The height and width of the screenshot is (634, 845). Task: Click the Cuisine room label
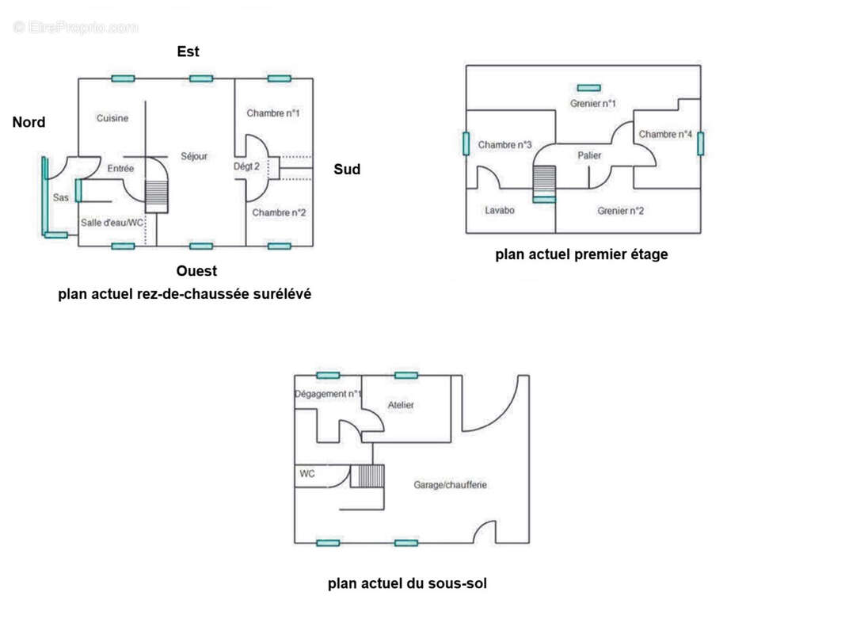(x=112, y=119)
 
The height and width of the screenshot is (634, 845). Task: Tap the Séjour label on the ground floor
(x=194, y=157)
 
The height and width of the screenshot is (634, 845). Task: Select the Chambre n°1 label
(x=273, y=113)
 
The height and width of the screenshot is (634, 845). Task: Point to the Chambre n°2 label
(x=279, y=213)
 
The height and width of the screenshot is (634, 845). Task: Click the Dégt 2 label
(x=246, y=166)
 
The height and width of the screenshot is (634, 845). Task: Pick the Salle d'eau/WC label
(x=112, y=223)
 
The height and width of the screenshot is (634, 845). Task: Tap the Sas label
(x=61, y=197)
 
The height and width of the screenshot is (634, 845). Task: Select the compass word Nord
(x=29, y=122)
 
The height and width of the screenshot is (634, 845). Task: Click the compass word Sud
(x=347, y=170)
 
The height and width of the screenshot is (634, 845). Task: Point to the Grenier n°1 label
(x=593, y=104)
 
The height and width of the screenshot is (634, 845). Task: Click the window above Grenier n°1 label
(x=588, y=88)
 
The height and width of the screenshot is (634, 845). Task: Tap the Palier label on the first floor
(x=589, y=156)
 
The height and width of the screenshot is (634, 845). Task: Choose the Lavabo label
(x=500, y=211)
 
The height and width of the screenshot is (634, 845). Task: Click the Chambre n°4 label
(x=666, y=135)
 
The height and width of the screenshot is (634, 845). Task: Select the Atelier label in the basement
(x=401, y=406)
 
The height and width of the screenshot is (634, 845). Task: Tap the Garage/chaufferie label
(x=450, y=485)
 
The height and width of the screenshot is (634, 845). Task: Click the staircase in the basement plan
(x=370, y=475)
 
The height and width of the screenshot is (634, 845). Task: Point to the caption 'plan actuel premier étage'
(x=581, y=255)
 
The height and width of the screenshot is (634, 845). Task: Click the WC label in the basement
(x=307, y=474)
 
